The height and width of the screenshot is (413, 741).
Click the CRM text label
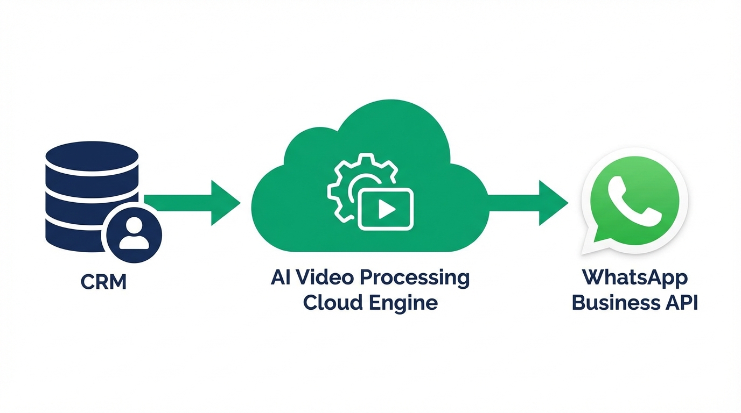tap(103, 282)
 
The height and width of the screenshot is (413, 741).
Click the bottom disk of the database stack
tap(75, 237)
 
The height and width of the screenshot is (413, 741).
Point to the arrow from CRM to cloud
tap(194, 203)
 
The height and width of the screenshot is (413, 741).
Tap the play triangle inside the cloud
tap(386, 210)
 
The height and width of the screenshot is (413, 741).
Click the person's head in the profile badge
tap(134, 227)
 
